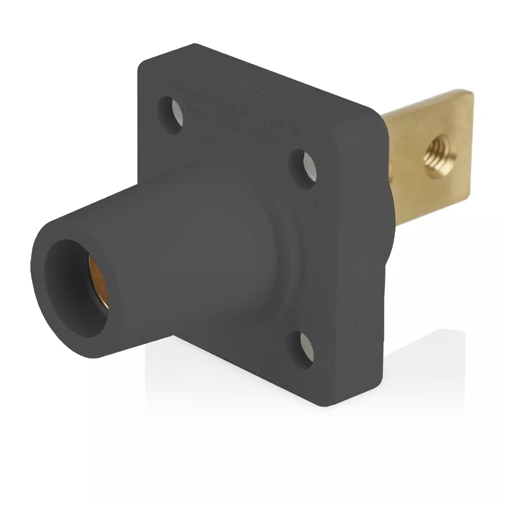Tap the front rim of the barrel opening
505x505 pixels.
(45, 303)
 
